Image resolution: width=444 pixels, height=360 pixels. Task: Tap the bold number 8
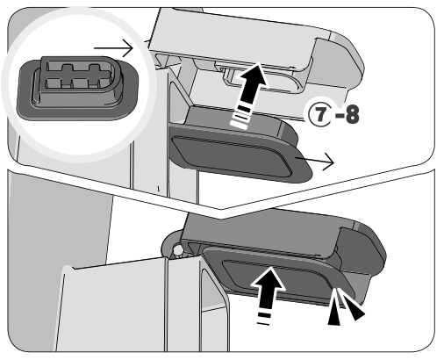[x=352, y=114]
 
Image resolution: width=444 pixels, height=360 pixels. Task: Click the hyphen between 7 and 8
[x=340, y=115]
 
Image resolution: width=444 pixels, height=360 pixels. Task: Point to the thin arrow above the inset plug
[x=113, y=48]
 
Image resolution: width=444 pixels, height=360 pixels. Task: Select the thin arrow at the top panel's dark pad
[x=315, y=161]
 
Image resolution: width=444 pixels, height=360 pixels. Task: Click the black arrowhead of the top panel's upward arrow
[x=254, y=76]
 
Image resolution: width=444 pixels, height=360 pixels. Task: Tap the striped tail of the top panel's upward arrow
[x=241, y=112]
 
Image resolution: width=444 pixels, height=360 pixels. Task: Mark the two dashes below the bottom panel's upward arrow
[x=264, y=319]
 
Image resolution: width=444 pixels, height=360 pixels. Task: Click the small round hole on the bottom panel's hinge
[x=177, y=250]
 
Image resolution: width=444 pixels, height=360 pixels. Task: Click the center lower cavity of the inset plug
[x=80, y=83]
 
